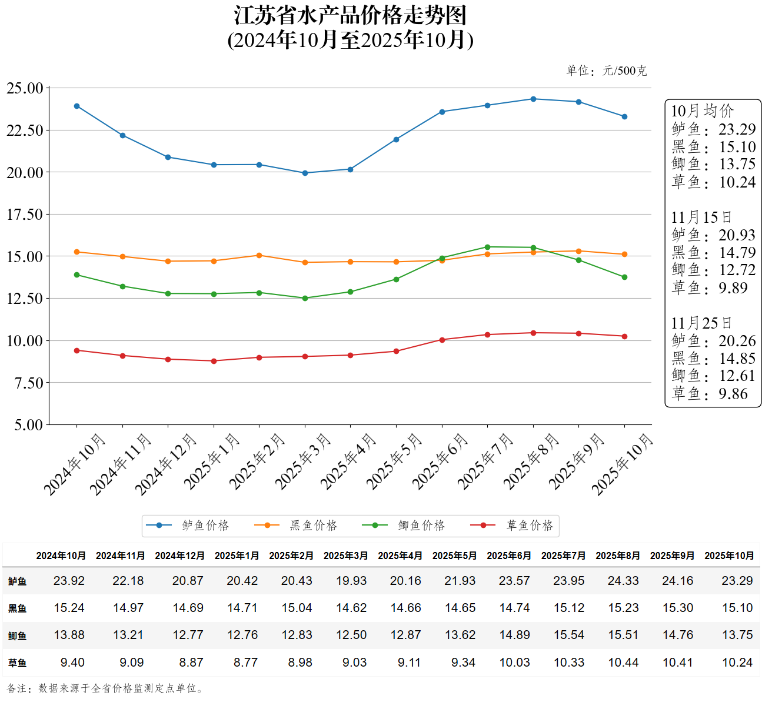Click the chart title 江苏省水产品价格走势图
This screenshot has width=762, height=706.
point(350,16)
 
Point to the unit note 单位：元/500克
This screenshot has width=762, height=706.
point(606,71)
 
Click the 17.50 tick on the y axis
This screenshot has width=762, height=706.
point(25,215)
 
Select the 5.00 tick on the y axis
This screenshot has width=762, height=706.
point(28,425)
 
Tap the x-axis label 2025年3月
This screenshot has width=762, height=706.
point(302,462)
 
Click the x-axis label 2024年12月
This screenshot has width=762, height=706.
point(165,464)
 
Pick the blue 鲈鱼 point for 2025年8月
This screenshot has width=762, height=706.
point(533,99)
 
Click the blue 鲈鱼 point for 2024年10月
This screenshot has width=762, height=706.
point(77,106)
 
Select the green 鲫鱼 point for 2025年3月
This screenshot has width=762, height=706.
point(305,298)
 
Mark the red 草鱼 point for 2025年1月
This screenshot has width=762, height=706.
point(214,361)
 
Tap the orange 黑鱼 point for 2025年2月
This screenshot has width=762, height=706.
point(259,256)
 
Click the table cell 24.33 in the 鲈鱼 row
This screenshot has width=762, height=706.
point(623,581)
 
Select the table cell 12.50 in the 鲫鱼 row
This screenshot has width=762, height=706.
point(351,635)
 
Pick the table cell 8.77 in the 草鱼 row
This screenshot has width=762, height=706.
point(245,662)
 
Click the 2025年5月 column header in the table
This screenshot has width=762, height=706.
point(454,556)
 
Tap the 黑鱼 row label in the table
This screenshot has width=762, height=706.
point(17,608)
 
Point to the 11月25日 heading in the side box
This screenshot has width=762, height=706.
point(701,323)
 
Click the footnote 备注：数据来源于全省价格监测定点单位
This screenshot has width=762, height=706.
point(106,688)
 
